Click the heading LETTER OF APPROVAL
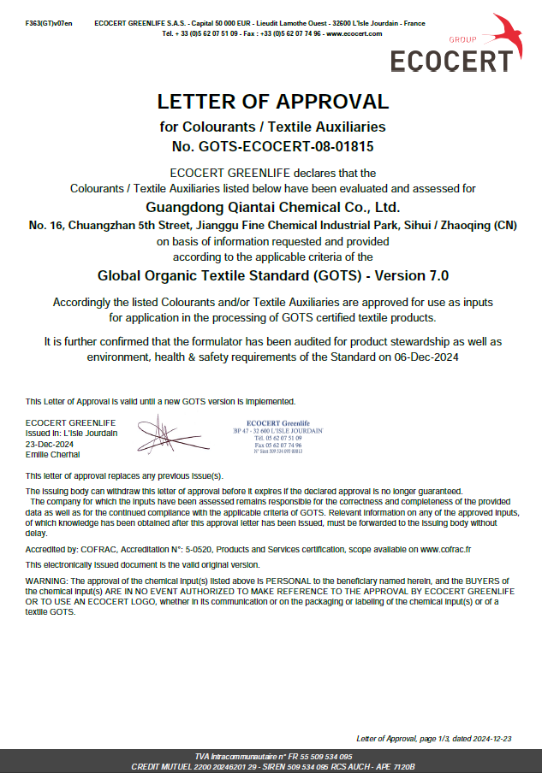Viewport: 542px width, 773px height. [x=272, y=102]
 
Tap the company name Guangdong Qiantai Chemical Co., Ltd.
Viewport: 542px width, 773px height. [x=272, y=206]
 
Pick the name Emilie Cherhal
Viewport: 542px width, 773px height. [x=53, y=455]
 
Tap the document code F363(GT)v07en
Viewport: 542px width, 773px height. [x=49, y=22]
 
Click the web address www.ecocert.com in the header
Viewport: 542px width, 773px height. [x=353, y=33]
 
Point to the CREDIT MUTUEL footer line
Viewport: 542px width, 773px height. [x=272, y=766]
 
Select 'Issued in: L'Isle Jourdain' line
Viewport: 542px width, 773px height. [x=72, y=434]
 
